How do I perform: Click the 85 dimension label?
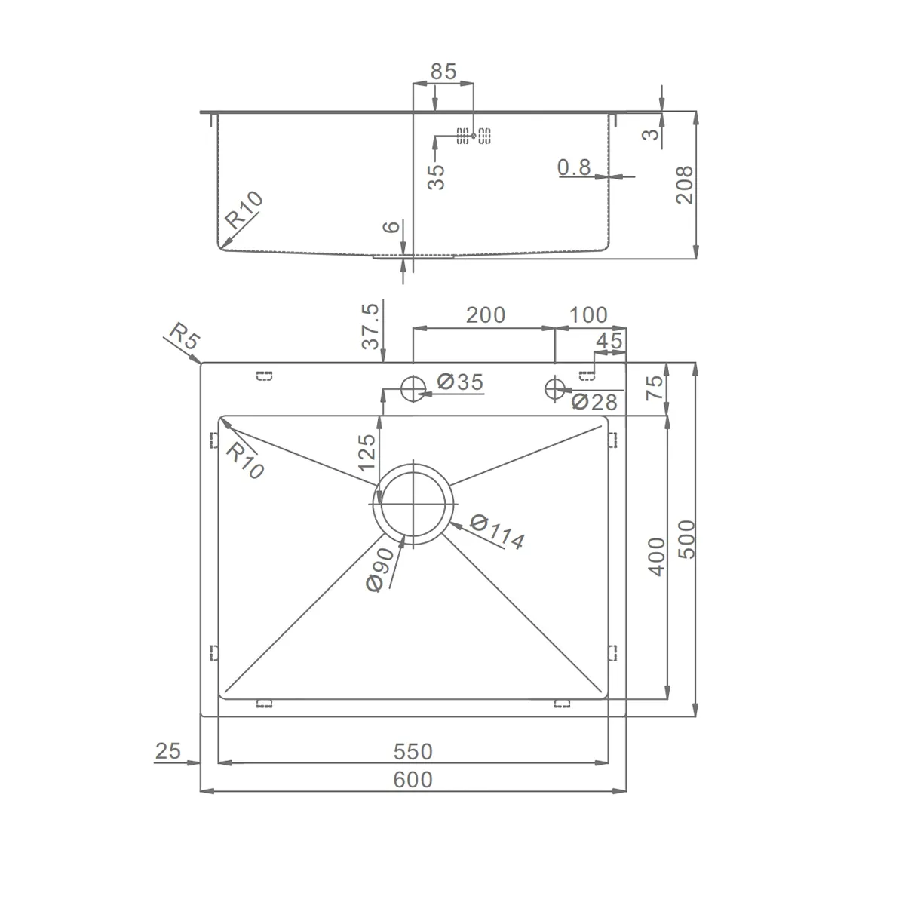point(443,72)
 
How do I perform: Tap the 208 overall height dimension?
point(684,185)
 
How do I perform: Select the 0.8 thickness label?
point(574,167)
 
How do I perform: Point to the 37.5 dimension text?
point(370,326)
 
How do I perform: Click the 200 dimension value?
point(486,315)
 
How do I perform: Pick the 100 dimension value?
point(588,315)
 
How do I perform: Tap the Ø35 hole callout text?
point(460,382)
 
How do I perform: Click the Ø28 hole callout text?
point(594,402)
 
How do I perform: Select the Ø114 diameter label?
point(498,532)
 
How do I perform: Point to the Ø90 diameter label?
point(380,569)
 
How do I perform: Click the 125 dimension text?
point(367,452)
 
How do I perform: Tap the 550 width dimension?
point(413,751)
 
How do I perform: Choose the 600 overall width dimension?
point(413,780)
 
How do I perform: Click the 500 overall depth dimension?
point(686,539)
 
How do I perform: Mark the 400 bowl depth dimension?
point(657,557)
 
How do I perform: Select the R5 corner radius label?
point(185,336)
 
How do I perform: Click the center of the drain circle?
point(413,504)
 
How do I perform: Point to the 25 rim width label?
point(167,751)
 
